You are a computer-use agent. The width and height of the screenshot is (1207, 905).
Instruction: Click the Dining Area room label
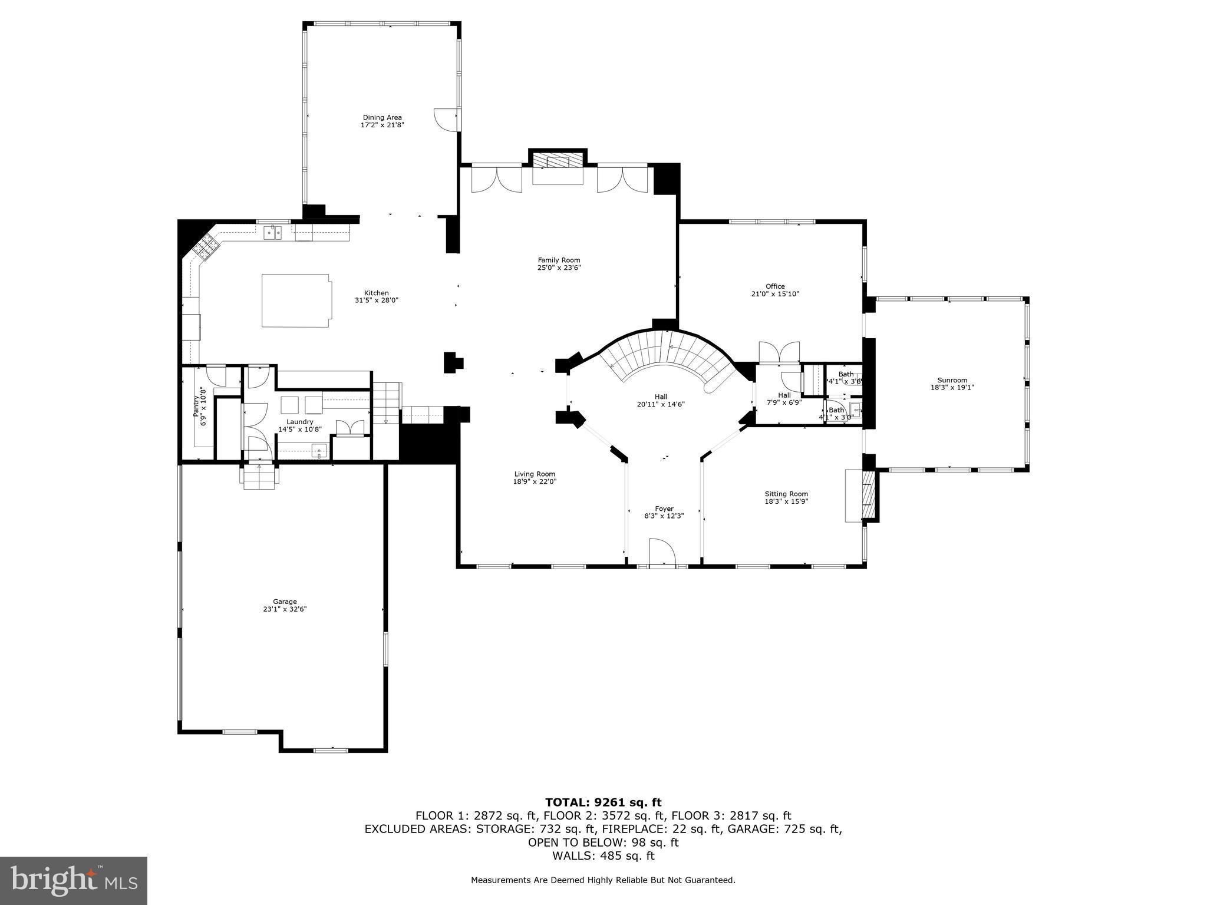(x=382, y=117)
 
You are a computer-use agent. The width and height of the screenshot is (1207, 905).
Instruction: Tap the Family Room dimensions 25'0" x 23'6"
(x=559, y=267)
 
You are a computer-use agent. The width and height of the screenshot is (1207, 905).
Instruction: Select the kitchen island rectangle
(x=296, y=300)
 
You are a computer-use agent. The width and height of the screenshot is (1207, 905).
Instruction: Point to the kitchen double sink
(x=272, y=233)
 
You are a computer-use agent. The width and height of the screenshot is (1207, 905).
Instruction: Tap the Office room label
(x=775, y=286)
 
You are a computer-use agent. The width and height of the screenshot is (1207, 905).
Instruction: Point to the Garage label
(x=285, y=602)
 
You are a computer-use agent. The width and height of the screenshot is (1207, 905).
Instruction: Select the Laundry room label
(x=300, y=422)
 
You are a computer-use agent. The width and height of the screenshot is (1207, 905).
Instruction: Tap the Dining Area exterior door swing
(x=446, y=120)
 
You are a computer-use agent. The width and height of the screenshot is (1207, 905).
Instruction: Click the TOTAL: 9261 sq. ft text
(x=603, y=802)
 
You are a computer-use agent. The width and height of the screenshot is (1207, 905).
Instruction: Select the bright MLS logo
(x=74, y=880)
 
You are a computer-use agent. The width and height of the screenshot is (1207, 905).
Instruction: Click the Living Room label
(x=534, y=474)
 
